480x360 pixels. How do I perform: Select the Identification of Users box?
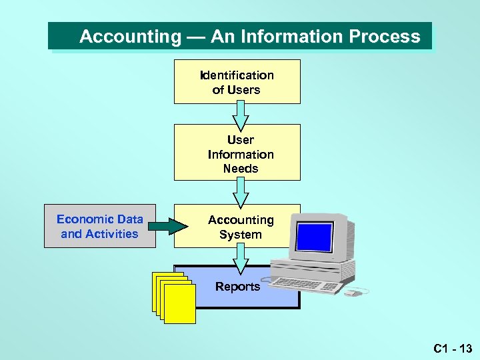pyautogui.click(x=237, y=82)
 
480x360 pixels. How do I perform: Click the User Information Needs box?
pyautogui.click(x=237, y=153)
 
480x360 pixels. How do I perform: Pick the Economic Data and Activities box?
pyautogui.click(x=99, y=227)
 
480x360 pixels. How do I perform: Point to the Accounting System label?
pyautogui.click(x=240, y=227)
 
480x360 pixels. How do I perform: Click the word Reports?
pyautogui.click(x=237, y=287)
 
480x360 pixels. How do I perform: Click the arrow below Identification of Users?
pyautogui.click(x=241, y=117)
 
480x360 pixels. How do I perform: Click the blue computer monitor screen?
pyautogui.click(x=314, y=237)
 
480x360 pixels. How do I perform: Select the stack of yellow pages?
pyautogui.click(x=175, y=297)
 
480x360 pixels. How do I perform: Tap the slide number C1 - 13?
pyautogui.click(x=452, y=348)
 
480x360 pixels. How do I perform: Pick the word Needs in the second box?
pyautogui.click(x=241, y=169)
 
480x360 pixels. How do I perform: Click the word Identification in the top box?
pyautogui.click(x=237, y=75)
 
